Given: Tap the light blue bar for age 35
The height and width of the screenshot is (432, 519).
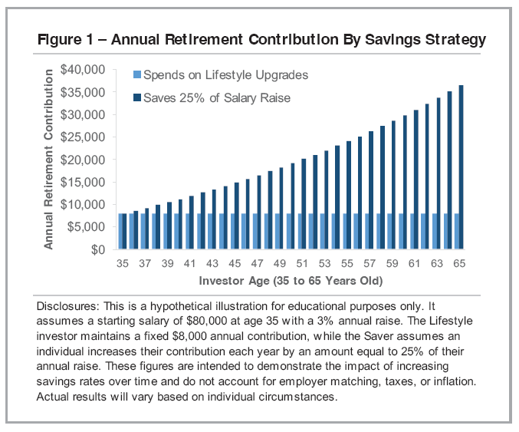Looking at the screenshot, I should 120,232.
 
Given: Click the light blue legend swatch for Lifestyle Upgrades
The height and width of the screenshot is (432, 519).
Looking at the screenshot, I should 137,75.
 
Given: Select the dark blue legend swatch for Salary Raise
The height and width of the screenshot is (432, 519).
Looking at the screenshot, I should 137,97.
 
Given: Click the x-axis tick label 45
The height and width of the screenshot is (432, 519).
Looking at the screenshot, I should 235,264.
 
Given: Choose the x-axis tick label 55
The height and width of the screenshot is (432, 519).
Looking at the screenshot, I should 347,264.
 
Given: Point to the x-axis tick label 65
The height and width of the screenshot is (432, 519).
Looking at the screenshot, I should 460,264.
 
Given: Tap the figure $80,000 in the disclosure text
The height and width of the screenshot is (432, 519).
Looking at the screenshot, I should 216,320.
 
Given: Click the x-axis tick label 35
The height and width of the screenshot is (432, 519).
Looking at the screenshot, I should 122,264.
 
